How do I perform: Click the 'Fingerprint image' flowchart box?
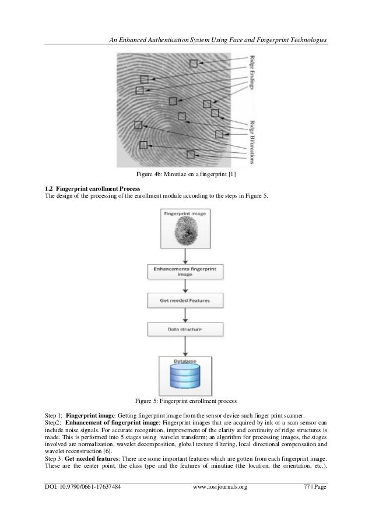[186, 229]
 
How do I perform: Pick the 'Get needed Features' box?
[186, 301]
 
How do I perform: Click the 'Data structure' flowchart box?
[186, 329]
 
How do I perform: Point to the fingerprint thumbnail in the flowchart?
[186, 234]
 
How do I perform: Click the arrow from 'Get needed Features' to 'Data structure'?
[186, 315]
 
